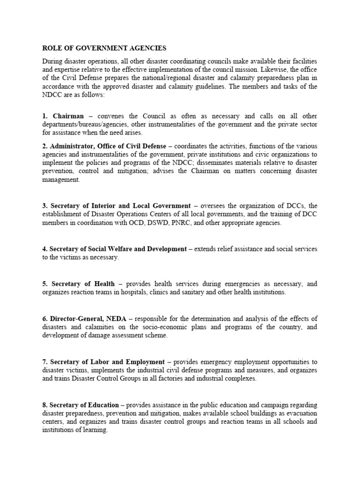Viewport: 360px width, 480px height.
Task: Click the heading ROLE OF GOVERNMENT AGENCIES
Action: [104, 48]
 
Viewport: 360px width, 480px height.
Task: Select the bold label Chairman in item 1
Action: [68, 116]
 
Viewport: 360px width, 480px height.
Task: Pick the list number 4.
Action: [44, 249]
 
